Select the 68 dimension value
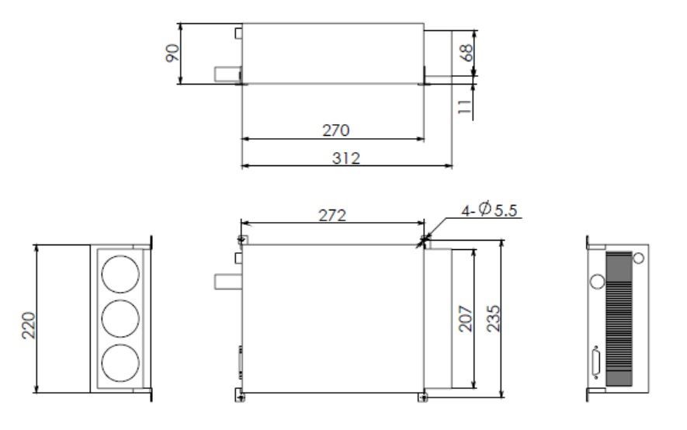click(x=467, y=53)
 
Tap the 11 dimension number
click(x=465, y=106)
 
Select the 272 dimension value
click(x=331, y=215)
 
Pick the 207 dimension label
click(x=465, y=318)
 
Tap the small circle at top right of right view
click(x=638, y=257)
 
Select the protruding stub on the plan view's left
click(x=227, y=280)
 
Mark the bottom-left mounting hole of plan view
click(x=240, y=398)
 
